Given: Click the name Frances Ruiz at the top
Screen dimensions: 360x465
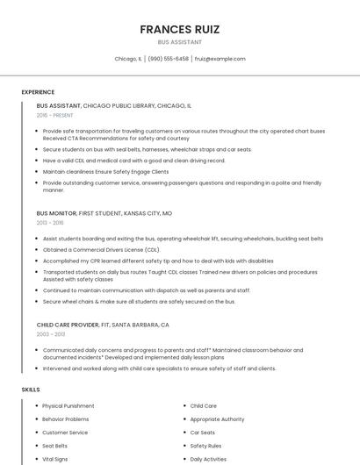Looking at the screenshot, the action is (x=179, y=29).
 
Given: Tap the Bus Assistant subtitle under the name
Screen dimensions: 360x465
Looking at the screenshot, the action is (x=179, y=42).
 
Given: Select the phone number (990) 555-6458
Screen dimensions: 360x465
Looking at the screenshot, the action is (x=169, y=59).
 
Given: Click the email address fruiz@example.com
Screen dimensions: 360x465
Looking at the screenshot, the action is (x=220, y=59).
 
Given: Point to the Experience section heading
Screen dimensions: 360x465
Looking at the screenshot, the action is (x=38, y=92).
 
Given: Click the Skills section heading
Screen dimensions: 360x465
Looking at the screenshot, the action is (x=31, y=389).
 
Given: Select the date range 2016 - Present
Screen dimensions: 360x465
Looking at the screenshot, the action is (x=56, y=115).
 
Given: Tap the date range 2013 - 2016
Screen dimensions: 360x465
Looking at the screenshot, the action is (x=50, y=223).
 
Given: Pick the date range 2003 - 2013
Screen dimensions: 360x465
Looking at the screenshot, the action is (x=51, y=334).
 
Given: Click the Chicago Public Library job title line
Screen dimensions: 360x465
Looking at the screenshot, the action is (x=114, y=105).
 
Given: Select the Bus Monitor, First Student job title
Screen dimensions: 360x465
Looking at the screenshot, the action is (x=104, y=213).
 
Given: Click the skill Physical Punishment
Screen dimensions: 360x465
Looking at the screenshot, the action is (x=68, y=406).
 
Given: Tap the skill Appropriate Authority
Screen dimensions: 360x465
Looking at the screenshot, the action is (x=217, y=419).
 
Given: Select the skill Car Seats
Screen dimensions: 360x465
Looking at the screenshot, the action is (x=203, y=433).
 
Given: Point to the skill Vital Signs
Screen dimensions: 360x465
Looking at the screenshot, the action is (x=55, y=459).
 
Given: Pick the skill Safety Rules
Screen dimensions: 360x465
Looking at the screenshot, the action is (x=205, y=446).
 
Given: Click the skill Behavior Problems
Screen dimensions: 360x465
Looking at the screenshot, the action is (x=66, y=419).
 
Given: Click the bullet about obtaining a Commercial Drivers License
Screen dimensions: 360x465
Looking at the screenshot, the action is (x=101, y=249).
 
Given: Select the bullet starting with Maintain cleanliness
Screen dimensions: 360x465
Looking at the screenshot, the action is (x=105, y=172).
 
